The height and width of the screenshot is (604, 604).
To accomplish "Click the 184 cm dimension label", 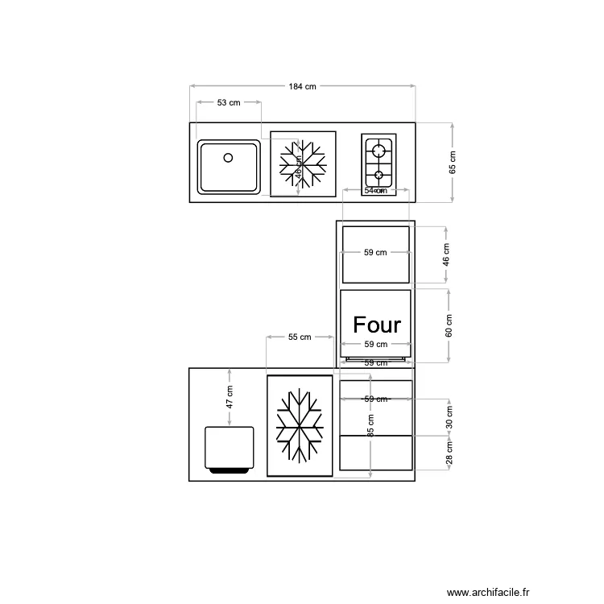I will (303, 87).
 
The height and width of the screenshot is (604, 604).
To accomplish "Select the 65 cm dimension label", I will (453, 163).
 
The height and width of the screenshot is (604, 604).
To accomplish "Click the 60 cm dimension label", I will (449, 325).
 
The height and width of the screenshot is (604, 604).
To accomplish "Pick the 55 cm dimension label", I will (300, 337).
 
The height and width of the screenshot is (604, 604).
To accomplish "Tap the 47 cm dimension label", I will (230, 396).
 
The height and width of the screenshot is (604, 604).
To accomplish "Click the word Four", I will (377, 325).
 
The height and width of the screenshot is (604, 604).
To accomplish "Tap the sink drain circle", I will (228, 158).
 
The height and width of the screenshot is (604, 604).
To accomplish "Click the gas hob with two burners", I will (379, 161).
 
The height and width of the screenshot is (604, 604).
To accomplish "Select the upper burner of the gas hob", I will (379, 149).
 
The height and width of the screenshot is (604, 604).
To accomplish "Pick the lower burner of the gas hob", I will (379, 175).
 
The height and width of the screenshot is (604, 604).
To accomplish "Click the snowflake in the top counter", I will (302, 163).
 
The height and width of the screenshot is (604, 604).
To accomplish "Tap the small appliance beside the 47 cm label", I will (230, 449).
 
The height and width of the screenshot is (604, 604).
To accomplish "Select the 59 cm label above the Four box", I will (375, 253).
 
